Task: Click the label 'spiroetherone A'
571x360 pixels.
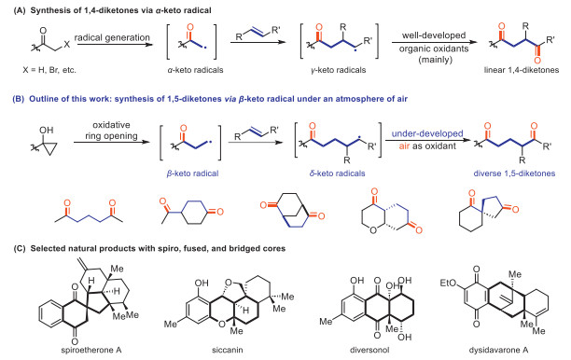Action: click(91, 350)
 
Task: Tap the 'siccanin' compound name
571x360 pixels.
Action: click(228, 350)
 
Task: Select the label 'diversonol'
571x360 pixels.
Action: click(369, 350)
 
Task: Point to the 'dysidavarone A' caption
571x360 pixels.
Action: click(498, 350)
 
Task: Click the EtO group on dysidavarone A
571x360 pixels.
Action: click(448, 283)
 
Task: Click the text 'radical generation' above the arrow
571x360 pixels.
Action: click(112, 37)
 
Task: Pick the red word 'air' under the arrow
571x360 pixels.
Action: click(404, 146)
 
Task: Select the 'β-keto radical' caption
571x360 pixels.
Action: click(192, 173)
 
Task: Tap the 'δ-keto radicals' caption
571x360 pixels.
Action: click(337, 173)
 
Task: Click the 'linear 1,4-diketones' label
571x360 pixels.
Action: click(522, 70)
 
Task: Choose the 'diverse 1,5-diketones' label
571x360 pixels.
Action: click(514, 173)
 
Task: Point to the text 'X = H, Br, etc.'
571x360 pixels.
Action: click(49, 70)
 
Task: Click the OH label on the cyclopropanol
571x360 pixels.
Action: click(47, 130)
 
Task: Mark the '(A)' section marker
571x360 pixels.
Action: click(20, 10)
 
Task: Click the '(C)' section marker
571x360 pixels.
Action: click(20, 249)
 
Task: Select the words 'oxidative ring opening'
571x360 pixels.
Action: click(111, 131)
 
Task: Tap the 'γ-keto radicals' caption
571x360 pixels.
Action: click(339, 70)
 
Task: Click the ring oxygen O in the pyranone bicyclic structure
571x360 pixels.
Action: click(373, 229)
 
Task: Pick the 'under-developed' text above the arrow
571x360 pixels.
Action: click(427, 133)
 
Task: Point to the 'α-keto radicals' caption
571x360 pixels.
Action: click(195, 70)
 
